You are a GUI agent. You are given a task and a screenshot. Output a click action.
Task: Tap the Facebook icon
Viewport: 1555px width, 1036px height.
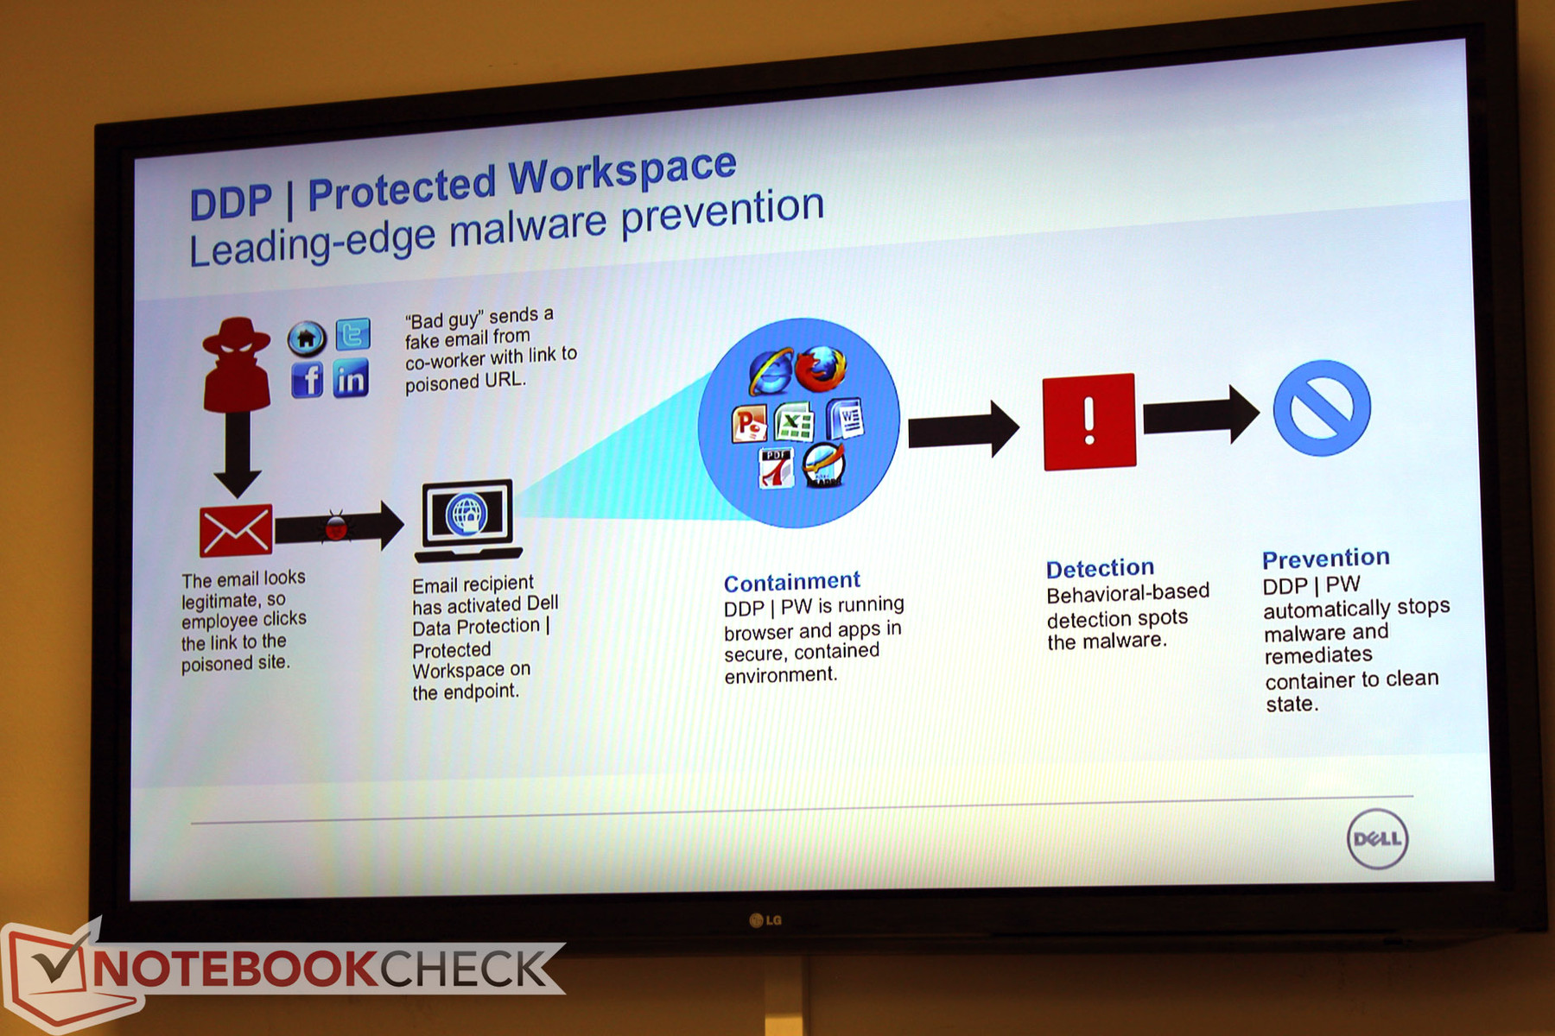click(x=307, y=379)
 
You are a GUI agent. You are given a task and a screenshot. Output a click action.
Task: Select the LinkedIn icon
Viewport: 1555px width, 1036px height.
click(x=351, y=378)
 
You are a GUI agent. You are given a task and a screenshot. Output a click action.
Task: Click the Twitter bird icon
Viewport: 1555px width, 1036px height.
click(x=352, y=334)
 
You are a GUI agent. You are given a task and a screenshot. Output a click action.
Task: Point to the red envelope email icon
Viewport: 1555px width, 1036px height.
click(x=236, y=530)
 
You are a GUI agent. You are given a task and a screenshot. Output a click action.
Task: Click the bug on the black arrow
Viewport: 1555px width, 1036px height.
click(x=335, y=526)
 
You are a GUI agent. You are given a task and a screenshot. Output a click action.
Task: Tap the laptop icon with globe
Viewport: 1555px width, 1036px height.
click(x=467, y=521)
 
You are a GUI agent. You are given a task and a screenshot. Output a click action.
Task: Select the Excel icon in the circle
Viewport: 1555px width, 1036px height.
click(x=794, y=423)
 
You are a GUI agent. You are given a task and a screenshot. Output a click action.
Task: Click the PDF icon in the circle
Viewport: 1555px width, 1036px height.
click(x=776, y=469)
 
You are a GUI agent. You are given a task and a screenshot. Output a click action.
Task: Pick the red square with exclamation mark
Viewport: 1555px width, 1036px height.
click(x=1089, y=422)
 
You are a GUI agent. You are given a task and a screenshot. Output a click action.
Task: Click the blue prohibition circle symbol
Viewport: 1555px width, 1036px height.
click(x=1322, y=408)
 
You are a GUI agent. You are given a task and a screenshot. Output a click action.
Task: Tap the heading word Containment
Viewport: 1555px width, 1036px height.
click(x=792, y=582)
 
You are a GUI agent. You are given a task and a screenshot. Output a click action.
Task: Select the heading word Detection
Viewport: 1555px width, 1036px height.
click(x=1100, y=568)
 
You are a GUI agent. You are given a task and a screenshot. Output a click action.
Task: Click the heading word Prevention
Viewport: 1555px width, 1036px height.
click(x=1326, y=559)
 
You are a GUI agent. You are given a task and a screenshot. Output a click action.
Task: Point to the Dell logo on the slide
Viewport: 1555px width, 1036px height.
click(x=1377, y=839)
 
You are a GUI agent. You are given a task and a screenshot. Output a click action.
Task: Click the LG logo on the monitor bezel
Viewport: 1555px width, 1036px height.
click(x=765, y=920)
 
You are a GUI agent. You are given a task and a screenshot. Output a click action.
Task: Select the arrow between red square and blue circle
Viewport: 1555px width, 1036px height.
click(x=1201, y=415)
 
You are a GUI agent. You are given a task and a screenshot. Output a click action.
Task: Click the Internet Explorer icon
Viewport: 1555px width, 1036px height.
click(x=769, y=372)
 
